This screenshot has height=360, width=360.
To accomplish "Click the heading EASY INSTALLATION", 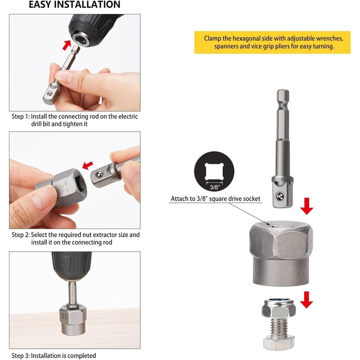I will [75, 5].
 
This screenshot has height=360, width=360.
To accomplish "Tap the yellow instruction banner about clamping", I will [272, 42].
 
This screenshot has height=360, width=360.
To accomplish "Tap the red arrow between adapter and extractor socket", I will [306, 207].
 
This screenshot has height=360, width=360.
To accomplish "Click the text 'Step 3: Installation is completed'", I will [54, 355].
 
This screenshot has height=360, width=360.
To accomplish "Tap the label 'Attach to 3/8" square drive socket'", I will [216, 198].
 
